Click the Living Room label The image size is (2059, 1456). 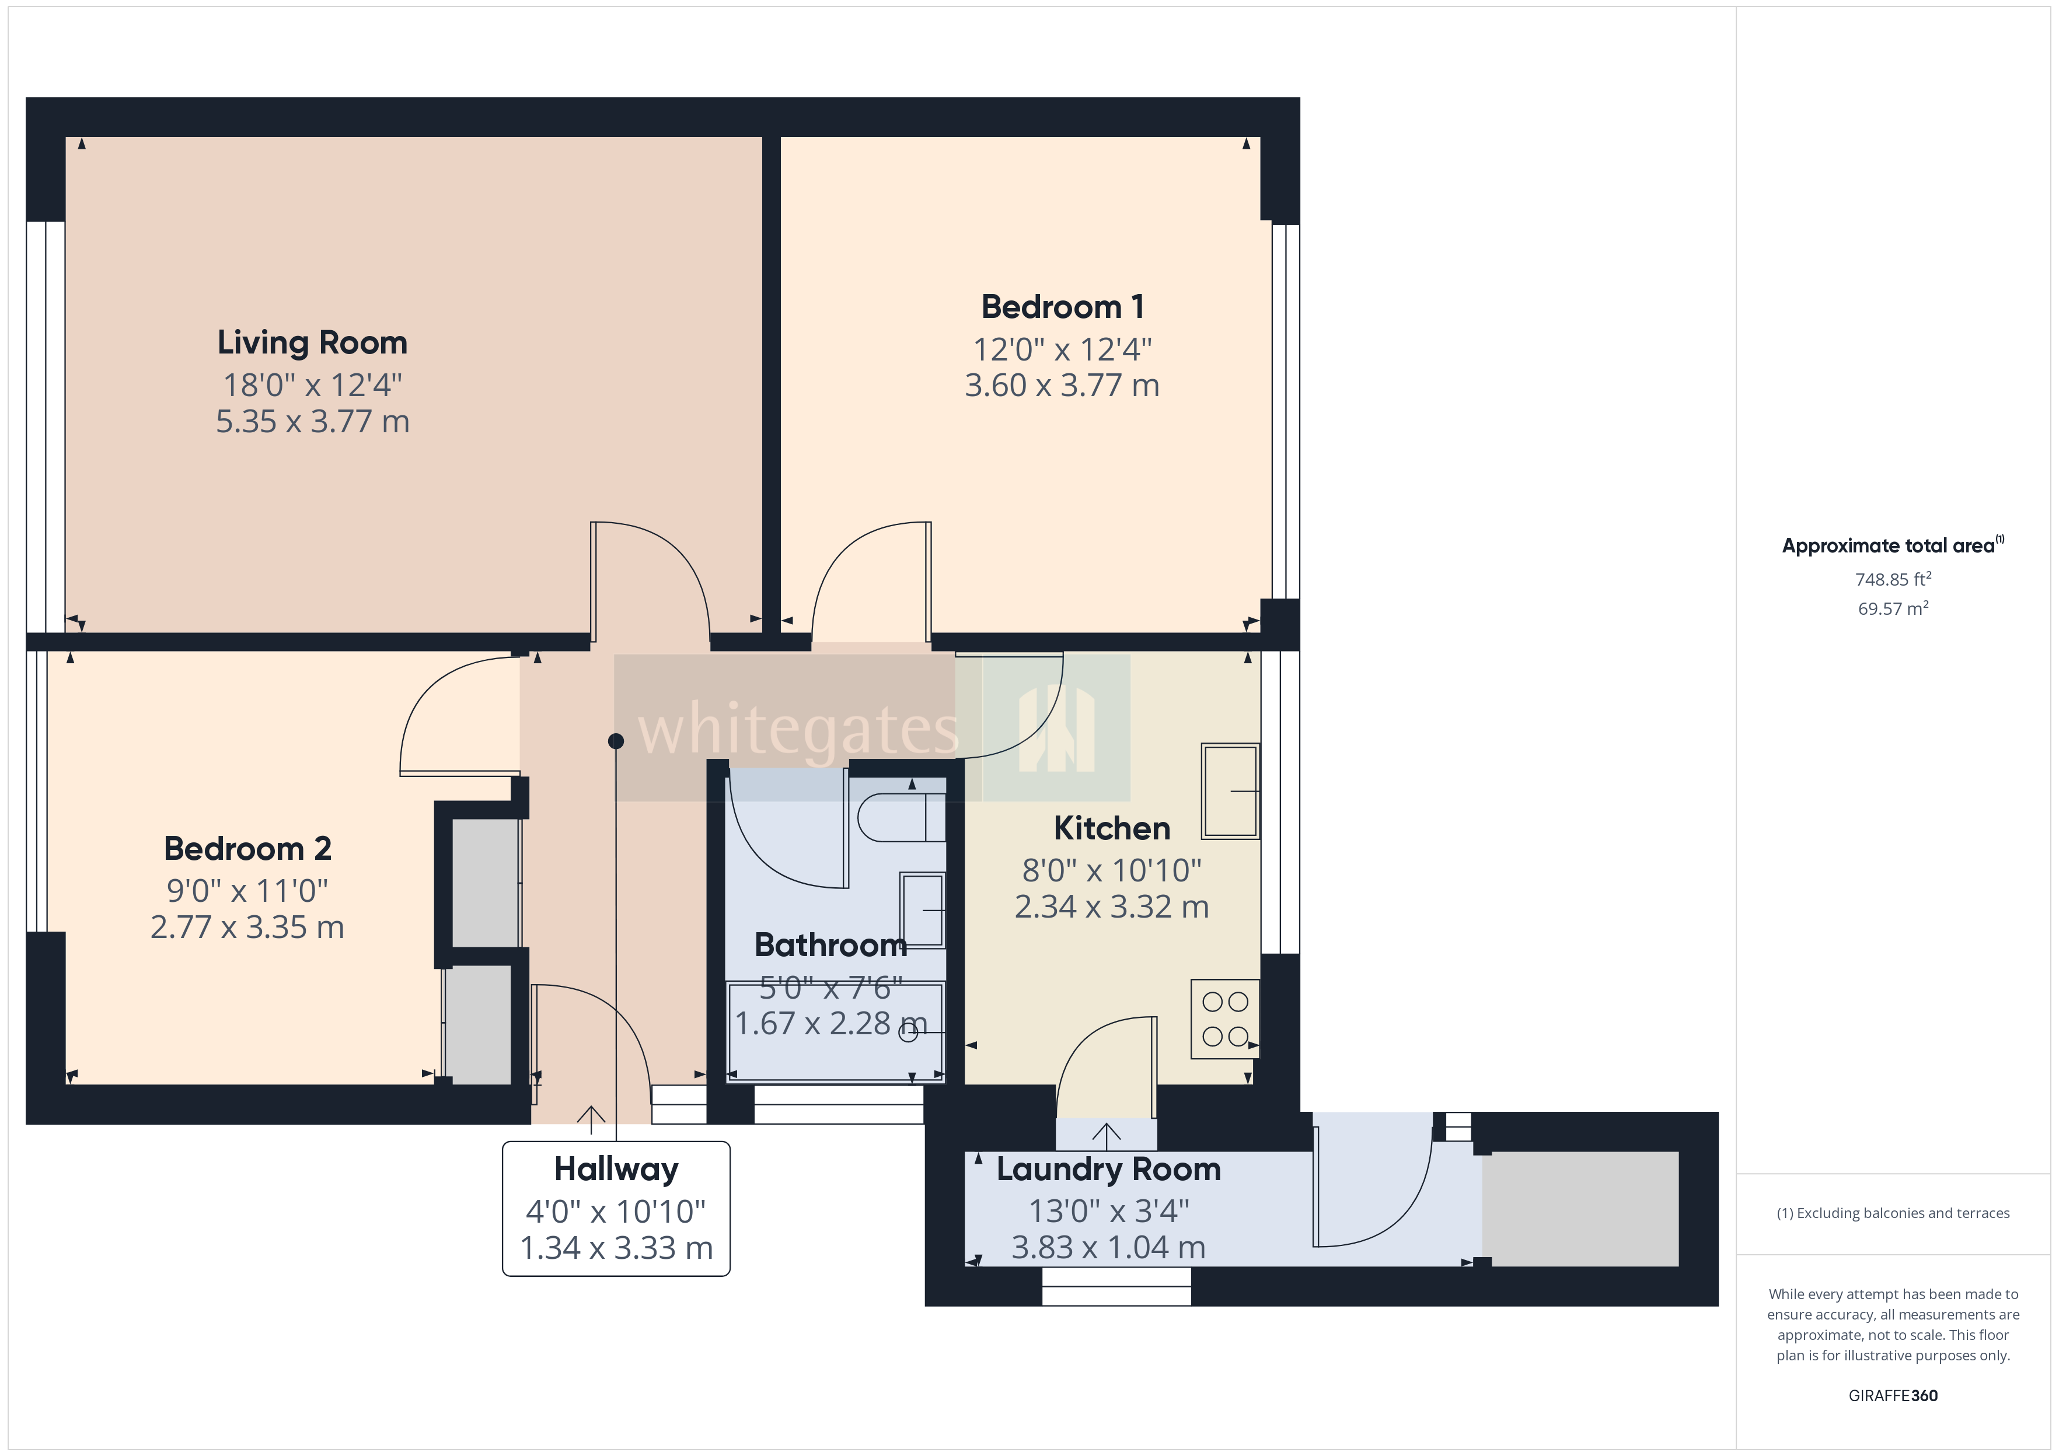[x=312, y=342]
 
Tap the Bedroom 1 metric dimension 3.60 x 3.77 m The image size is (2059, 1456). [x=1062, y=386]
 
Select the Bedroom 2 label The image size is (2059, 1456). [x=247, y=848]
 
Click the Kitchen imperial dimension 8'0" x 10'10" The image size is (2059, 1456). [x=1111, y=870]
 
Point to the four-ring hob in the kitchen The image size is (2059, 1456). [x=1225, y=1019]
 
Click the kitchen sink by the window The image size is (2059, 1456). [x=1230, y=791]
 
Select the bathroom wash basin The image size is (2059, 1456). [x=922, y=910]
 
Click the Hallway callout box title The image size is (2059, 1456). [x=616, y=1169]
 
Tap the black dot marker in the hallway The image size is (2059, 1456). [x=616, y=741]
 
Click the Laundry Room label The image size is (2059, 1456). [x=1108, y=1169]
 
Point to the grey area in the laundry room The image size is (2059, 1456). [x=1579, y=1209]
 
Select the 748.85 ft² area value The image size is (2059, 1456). [x=1892, y=579]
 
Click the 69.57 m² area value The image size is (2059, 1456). [x=1892, y=609]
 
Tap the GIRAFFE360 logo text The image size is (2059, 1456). [x=1892, y=1396]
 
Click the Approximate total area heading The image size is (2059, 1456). [x=1889, y=546]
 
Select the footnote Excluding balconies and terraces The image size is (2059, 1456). [x=1892, y=1213]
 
